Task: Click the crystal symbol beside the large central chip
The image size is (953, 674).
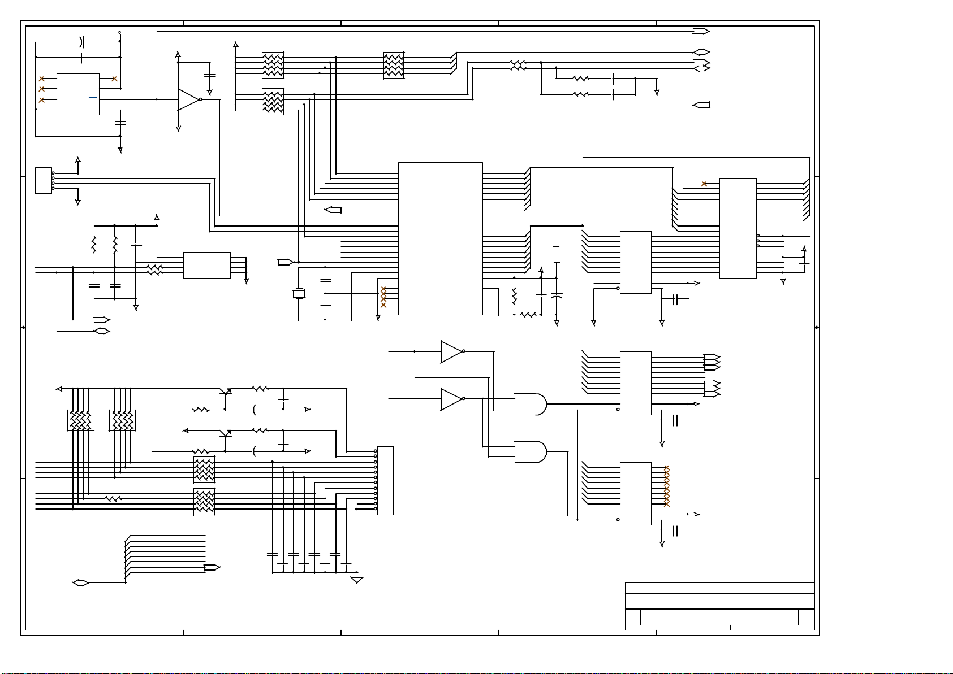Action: pyautogui.click(x=299, y=294)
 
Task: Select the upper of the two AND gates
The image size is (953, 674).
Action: pyautogui.click(x=530, y=405)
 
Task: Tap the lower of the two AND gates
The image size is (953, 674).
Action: pyautogui.click(x=530, y=452)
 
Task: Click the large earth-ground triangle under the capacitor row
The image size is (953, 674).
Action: pyautogui.click(x=356, y=580)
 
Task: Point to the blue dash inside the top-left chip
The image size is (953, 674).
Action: pyautogui.click(x=93, y=97)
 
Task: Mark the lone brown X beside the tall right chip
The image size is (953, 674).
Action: pyautogui.click(x=704, y=184)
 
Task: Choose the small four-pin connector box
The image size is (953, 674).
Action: pyautogui.click(x=44, y=181)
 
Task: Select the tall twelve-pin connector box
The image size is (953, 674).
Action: pyautogui.click(x=385, y=481)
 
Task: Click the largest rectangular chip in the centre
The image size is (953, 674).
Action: pyautogui.click(x=441, y=238)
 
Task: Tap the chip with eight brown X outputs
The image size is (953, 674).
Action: pyautogui.click(x=636, y=494)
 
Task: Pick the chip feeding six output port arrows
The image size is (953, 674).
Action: pyautogui.click(x=636, y=383)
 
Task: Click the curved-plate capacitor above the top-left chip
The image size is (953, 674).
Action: pyautogui.click(x=81, y=41)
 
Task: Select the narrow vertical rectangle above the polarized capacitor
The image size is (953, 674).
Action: pyautogui.click(x=557, y=254)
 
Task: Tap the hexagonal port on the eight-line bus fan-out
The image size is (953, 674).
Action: pyautogui.click(x=81, y=583)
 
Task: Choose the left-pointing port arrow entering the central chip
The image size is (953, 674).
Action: pyautogui.click(x=333, y=210)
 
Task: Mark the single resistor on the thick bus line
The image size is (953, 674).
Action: pyautogui.click(x=113, y=499)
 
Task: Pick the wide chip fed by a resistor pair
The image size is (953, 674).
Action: pyautogui.click(x=207, y=266)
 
